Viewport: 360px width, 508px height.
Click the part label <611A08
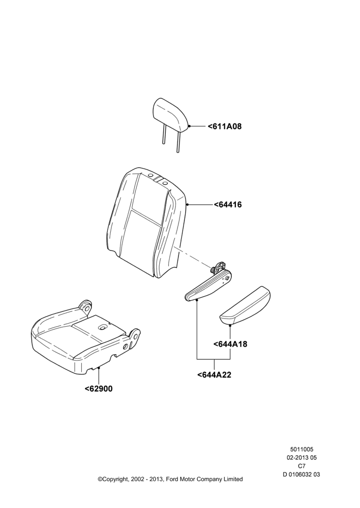coord(225,126)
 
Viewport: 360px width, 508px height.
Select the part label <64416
coord(228,205)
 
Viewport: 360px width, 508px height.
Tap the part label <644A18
coord(230,344)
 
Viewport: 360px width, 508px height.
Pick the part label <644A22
coord(214,375)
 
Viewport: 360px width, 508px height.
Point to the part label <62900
coord(99,389)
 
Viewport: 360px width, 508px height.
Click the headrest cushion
coord(171,115)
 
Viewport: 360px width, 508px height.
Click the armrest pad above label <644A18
coord(246,305)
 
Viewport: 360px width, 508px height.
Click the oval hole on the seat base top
coord(103,328)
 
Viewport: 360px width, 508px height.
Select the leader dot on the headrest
coord(189,126)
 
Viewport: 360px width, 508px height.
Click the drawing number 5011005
coord(302,450)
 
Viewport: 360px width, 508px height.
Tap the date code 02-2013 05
coord(302,458)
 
